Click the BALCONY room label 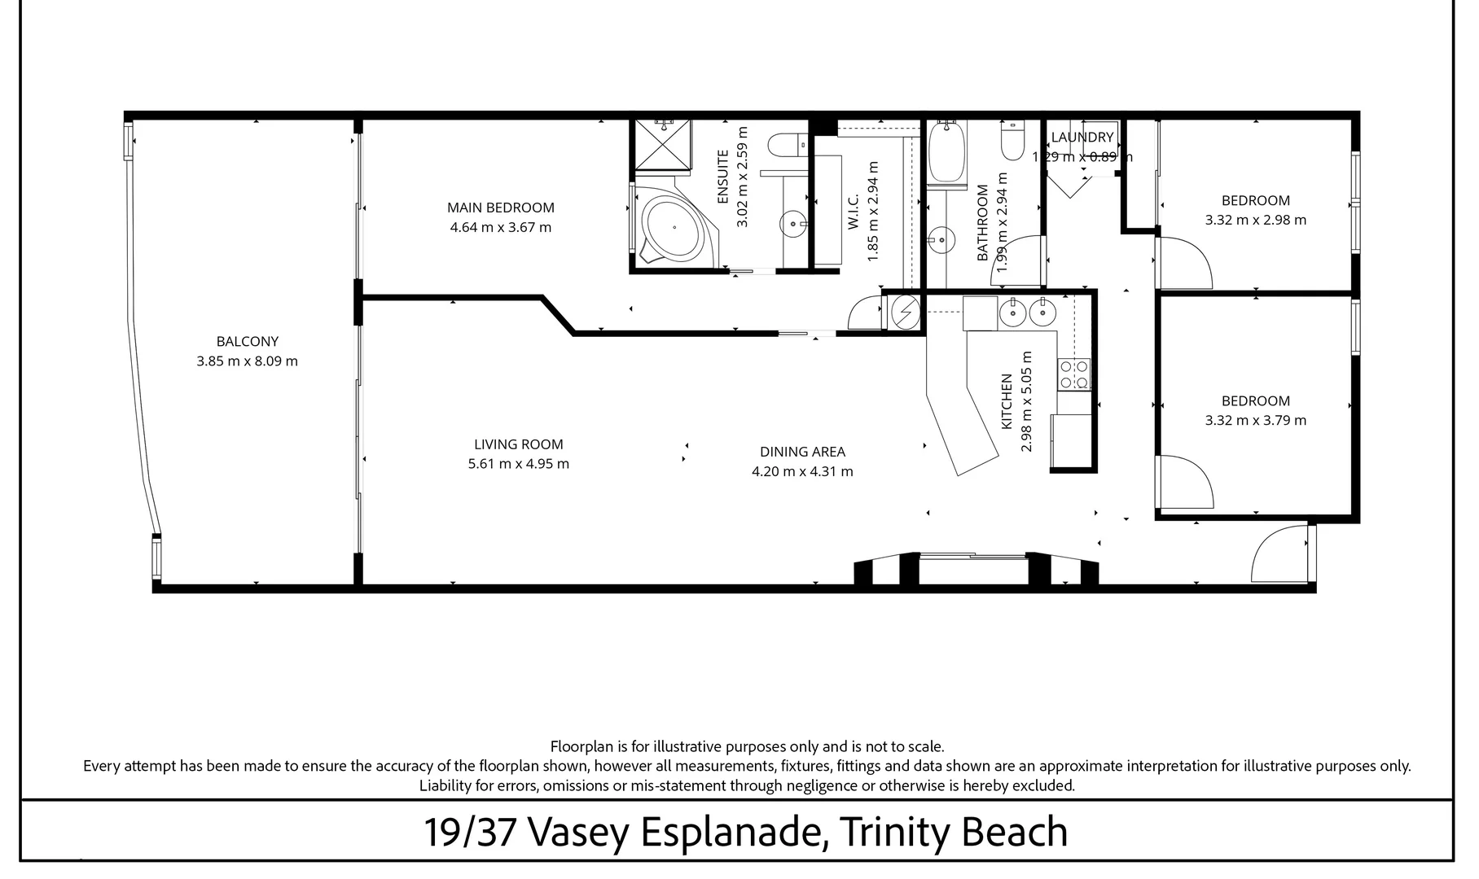248,342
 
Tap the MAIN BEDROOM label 500,208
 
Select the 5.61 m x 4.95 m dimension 518,464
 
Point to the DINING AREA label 802,452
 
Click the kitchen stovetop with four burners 1073,374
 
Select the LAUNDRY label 1082,138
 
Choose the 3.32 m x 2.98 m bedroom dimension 1255,220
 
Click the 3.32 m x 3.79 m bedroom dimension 1255,421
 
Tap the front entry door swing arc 1279,553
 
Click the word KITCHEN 1007,402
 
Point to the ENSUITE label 723,177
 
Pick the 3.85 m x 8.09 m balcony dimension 247,361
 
